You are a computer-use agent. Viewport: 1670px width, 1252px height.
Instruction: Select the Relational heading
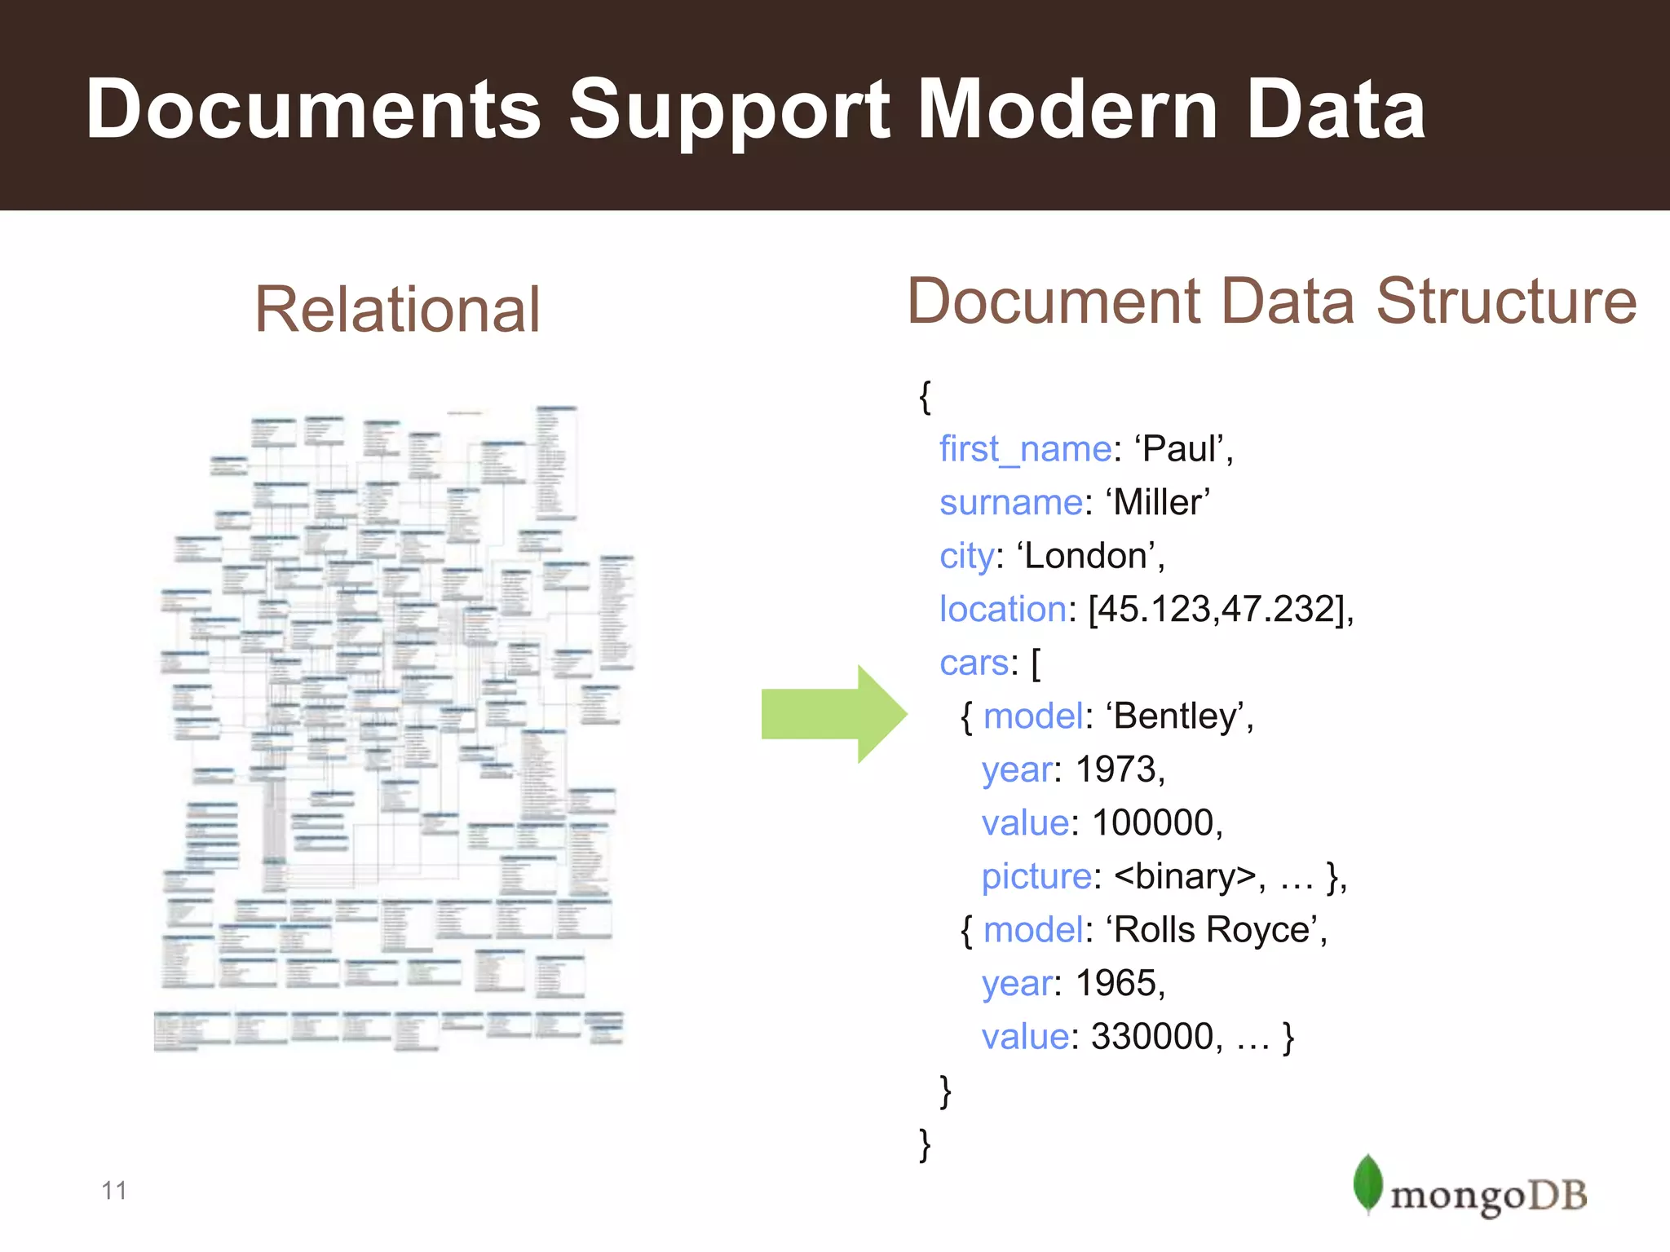[397, 310]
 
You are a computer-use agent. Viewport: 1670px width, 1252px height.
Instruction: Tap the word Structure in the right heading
[1506, 302]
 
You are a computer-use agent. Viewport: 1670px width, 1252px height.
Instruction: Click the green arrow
[833, 714]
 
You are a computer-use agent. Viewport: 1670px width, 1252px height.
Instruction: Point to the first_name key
[1024, 449]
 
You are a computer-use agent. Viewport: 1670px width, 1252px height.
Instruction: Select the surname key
[1011, 502]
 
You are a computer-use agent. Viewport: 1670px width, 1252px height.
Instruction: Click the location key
[1003, 609]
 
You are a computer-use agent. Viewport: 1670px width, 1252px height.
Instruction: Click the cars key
[974, 663]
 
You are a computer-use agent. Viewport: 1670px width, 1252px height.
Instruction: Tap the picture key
[1036, 876]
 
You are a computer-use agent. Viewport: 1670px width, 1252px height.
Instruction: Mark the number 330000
[1151, 1037]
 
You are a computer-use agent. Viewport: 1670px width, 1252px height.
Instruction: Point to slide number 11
[114, 1191]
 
